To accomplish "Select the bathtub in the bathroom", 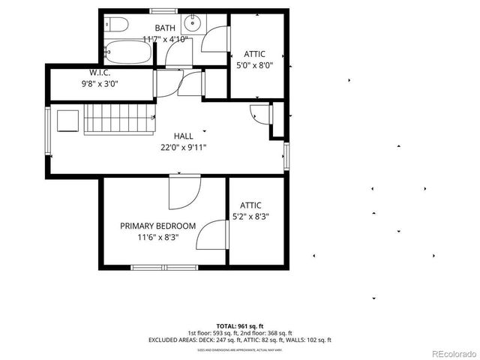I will (130, 53).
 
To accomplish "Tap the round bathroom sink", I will (193, 20).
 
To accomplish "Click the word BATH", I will (165, 28).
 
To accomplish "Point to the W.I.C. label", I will (100, 73).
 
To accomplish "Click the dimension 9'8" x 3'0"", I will (100, 84).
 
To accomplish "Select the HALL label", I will (184, 136).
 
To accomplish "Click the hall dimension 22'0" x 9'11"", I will (184, 148).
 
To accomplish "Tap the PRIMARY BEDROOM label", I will (158, 226).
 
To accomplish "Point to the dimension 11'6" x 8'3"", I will (158, 238).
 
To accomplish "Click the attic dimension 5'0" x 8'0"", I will (254, 65).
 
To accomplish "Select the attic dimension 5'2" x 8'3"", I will (250, 217).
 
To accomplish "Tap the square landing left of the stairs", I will (68, 120).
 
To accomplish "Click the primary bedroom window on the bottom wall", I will (165, 266).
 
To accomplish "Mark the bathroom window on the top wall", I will (165, 11).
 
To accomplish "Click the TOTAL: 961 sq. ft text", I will (240, 326).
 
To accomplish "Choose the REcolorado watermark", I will (452, 353).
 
